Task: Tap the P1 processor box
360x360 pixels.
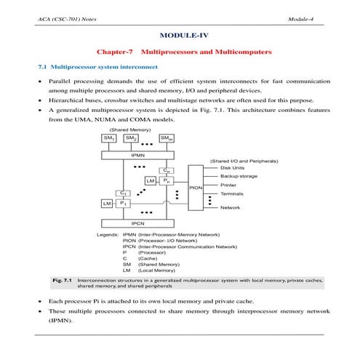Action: point(124,204)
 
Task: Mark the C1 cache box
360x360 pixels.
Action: point(124,194)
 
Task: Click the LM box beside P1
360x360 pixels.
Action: point(108,204)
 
